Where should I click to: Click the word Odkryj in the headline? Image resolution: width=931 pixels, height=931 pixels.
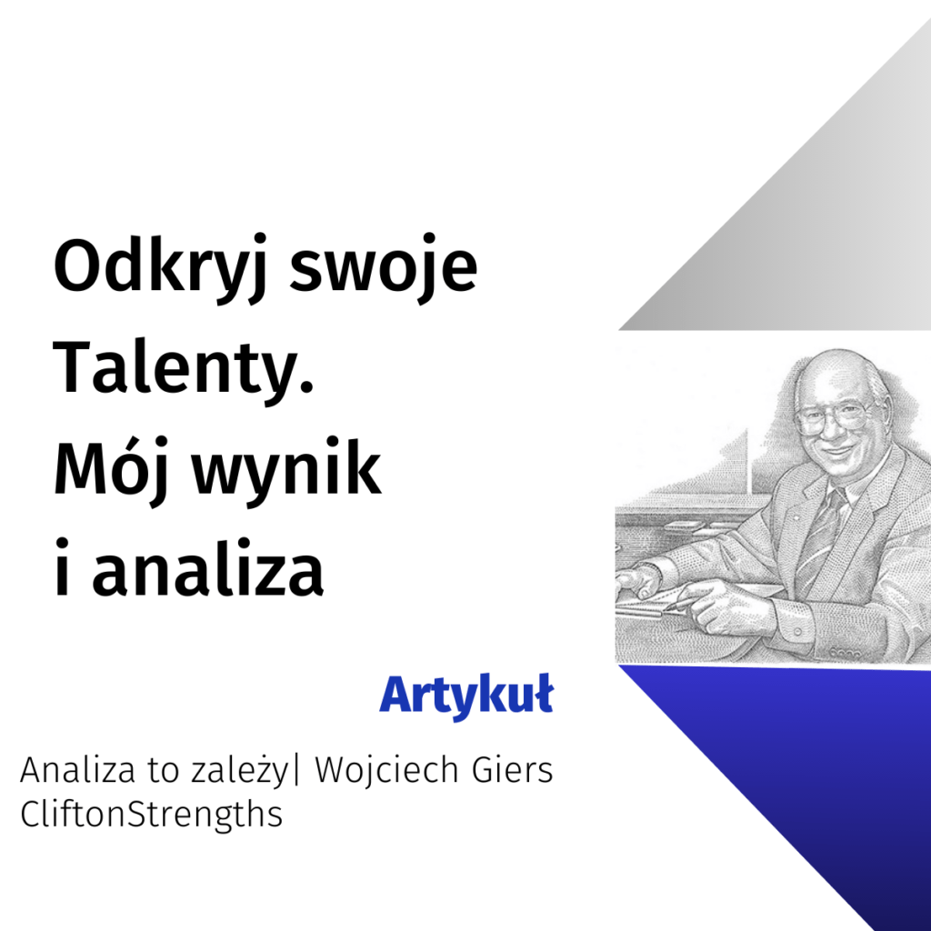click(x=160, y=268)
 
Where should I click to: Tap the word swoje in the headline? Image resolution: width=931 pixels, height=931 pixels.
click(x=383, y=268)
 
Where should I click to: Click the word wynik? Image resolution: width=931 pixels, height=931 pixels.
click(x=286, y=470)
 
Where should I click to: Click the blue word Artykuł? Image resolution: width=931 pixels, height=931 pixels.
click(x=466, y=696)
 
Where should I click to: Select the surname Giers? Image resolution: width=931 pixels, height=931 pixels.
click(x=513, y=770)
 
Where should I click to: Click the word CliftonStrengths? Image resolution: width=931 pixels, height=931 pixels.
click(x=152, y=814)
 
